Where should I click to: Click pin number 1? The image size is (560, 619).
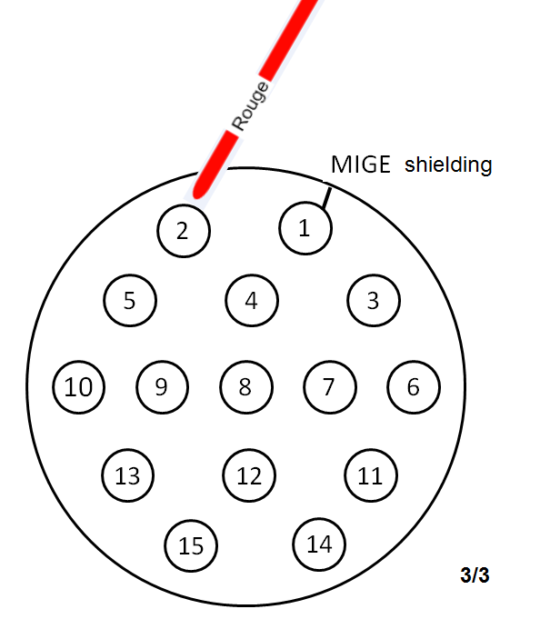pos(305,227)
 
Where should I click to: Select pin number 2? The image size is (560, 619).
pos(184,230)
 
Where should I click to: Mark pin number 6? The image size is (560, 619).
pos(414,386)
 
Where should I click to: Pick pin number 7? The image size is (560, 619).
pos(329,386)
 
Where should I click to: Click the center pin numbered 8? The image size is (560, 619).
pos(245,386)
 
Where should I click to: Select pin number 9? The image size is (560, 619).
pos(162,386)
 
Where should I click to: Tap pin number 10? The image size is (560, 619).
pos(79,387)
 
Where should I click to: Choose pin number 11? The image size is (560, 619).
pos(371,474)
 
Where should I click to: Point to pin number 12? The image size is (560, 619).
pos(249,474)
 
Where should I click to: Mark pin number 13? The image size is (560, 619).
pos(128,474)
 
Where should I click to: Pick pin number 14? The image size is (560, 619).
pos(319,544)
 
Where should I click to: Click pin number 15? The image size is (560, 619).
pos(191,545)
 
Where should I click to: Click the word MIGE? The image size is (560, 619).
pos(360,165)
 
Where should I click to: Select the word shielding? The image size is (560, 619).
pos(448,165)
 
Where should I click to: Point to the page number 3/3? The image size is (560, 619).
pos(475,575)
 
